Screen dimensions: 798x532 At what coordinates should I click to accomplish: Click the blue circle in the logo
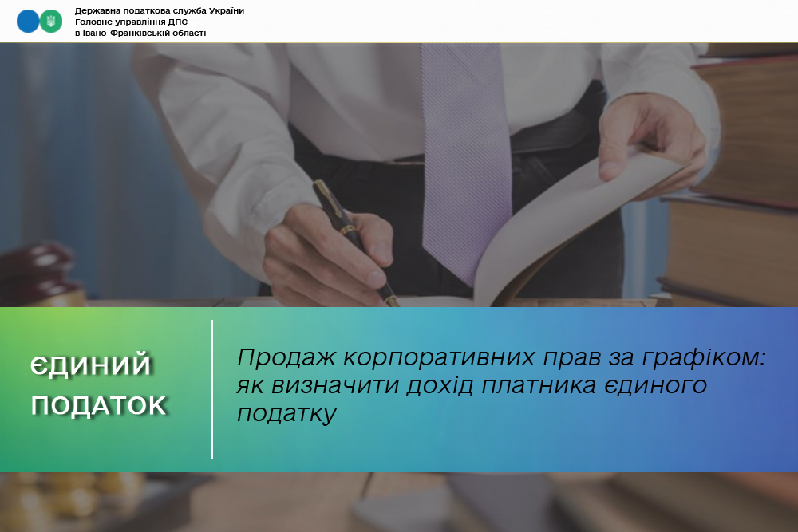pyautogui.click(x=27, y=22)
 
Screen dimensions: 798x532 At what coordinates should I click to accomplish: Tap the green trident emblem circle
pyautogui.click(x=51, y=22)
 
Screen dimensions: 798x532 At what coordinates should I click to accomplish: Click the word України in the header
pyautogui.click(x=227, y=10)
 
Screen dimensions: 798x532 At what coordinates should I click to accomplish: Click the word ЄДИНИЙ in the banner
pyautogui.click(x=91, y=365)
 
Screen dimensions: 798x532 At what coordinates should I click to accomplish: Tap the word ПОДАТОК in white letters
pyautogui.click(x=99, y=405)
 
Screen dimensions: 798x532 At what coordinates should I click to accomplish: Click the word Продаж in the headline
pyautogui.click(x=286, y=358)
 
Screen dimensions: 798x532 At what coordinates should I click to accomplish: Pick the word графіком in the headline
pyautogui.click(x=703, y=358)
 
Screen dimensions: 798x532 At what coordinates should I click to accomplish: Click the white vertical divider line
pyautogui.click(x=212, y=389)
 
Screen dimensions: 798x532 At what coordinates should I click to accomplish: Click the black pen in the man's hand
pyautogui.click(x=354, y=242)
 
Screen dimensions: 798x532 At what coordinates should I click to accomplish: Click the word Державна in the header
pyautogui.click(x=97, y=11)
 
